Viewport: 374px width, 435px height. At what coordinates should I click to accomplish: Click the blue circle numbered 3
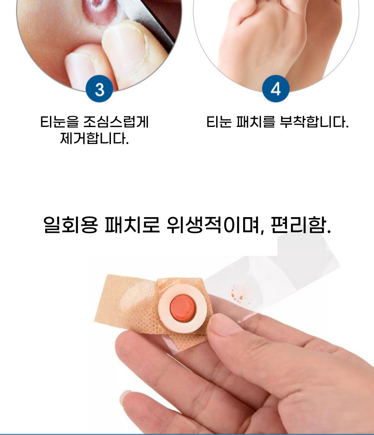pyautogui.click(x=99, y=88)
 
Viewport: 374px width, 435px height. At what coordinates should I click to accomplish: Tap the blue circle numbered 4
pyautogui.click(x=276, y=88)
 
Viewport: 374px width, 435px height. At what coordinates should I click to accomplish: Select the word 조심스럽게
pyautogui.click(x=116, y=122)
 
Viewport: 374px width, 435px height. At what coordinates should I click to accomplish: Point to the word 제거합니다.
pyautogui.click(x=94, y=138)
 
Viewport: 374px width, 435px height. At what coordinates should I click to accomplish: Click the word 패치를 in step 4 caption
pyautogui.click(x=255, y=122)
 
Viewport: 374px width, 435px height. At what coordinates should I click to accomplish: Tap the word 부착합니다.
pyautogui.click(x=314, y=122)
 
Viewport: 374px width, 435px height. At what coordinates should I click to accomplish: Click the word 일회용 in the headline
pyautogui.click(x=71, y=224)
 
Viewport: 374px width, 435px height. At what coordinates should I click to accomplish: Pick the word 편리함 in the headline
pyautogui.click(x=301, y=224)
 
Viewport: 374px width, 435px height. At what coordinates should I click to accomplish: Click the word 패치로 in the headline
pyautogui.click(x=132, y=224)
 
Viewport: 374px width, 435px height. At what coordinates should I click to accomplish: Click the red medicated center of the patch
pyautogui.click(x=183, y=307)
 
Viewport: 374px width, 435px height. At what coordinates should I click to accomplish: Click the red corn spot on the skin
pyautogui.click(x=98, y=12)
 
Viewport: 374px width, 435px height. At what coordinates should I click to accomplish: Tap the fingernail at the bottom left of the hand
pyautogui.click(x=125, y=397)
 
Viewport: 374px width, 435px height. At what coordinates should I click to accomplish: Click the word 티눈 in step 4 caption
pyautogui.click(x=219, y=122)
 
